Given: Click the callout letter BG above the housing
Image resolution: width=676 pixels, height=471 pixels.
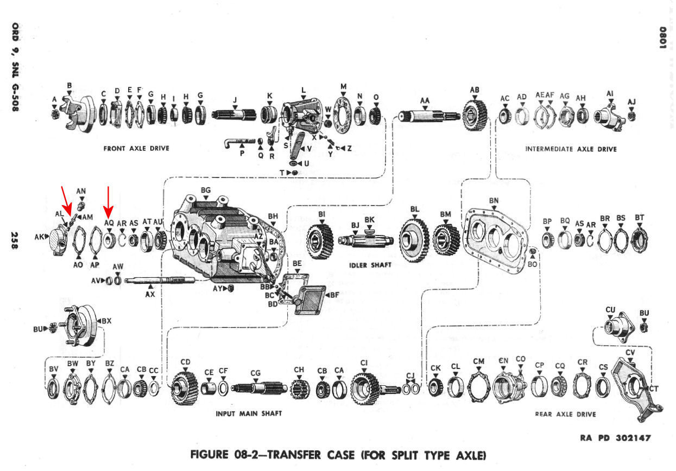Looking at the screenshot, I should (x=205, y=190).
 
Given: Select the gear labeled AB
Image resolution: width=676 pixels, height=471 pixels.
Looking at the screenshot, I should (x=475, y=114).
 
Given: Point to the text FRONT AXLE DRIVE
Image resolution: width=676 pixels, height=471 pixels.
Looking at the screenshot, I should (x=136, y=149).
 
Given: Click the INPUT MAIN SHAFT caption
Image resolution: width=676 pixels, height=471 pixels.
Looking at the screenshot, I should (x=249, y=413).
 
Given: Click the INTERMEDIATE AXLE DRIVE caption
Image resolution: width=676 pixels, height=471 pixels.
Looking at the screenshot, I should (x=571, y=149).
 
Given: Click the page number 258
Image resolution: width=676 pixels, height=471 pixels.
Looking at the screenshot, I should (x=15, y=241).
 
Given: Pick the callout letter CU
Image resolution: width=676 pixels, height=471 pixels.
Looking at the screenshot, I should (x=610, y=310).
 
